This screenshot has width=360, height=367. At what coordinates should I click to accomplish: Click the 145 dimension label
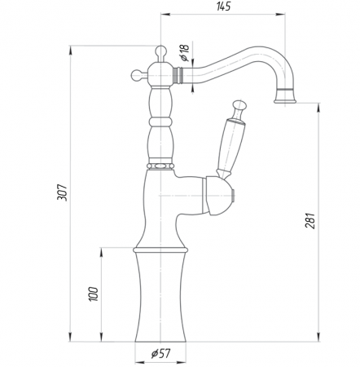tap(223, 7)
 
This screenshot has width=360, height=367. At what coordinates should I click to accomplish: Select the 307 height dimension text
tap(62, 192)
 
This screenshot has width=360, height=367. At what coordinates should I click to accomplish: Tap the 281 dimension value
tap(310, 220)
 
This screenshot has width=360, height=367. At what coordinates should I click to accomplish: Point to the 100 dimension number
tap(93, 294)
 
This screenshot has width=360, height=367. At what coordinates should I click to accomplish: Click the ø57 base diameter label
tap(161, 353)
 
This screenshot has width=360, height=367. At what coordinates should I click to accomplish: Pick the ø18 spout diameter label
tap(184, 52)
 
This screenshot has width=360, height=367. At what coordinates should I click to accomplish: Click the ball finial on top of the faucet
tap(160, 51)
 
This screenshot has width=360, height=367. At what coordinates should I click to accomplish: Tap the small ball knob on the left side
tap(137, 75)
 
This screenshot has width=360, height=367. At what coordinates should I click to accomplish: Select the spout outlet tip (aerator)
tap(285, 97)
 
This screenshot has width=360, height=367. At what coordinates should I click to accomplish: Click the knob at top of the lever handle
tap(239, 107)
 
